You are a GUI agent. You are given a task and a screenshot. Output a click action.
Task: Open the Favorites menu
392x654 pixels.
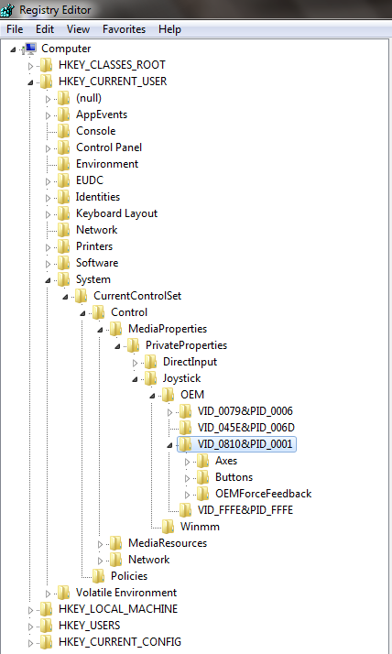[124, 29]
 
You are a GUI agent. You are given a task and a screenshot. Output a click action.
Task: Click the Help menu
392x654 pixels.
[169, 29]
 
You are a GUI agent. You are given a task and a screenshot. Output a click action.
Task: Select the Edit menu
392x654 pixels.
[45, 29]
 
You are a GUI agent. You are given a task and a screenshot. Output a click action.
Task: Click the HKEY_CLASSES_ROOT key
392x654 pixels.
[112, 65]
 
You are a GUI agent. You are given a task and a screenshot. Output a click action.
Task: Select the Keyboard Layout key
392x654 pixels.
[116, 213]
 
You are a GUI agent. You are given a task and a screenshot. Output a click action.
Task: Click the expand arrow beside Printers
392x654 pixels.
[48, 247]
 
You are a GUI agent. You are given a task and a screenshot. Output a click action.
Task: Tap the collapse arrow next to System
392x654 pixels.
[48, 280]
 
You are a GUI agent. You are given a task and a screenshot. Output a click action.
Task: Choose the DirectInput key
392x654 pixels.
[190, 362]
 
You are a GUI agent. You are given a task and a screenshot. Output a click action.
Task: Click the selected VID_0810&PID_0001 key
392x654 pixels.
[245, 443]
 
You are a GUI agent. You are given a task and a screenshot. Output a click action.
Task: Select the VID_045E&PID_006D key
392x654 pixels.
[246, 428]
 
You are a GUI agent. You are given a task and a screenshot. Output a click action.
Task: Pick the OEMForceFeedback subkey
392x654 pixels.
[263, 494]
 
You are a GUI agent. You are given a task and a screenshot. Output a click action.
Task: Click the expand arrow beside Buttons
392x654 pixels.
[187, 478]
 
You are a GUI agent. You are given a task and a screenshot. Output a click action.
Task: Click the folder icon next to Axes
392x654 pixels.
[203, 461]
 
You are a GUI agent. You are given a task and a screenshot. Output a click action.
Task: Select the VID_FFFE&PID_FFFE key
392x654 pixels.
[245, 510]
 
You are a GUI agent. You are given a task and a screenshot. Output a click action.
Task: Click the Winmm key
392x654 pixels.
[200, 527]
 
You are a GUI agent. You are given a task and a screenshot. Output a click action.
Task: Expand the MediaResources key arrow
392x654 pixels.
[100, 544]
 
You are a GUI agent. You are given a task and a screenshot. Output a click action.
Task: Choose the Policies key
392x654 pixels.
[129, 576]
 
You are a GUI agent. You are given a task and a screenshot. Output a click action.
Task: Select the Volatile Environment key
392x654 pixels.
[126, 593]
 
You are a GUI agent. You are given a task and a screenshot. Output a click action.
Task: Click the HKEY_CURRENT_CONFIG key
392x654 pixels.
[120, 642]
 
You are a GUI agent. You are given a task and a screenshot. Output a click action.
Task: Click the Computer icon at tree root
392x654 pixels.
[30, 49]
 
